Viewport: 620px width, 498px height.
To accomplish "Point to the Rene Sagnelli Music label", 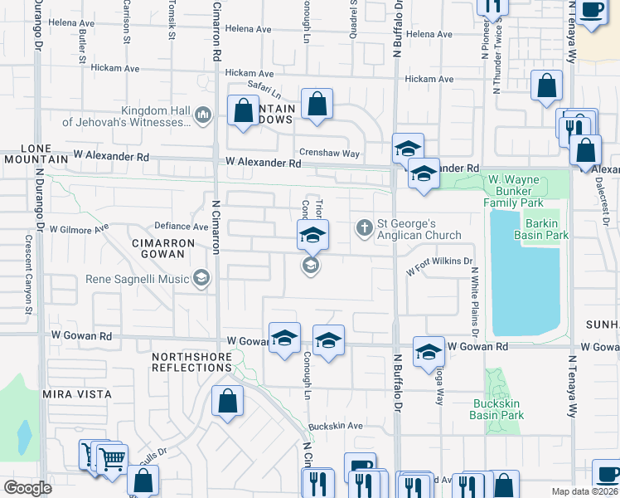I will click(x=138, y=278).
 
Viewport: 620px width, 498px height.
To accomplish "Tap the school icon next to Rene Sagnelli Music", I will click(x=201, y=277).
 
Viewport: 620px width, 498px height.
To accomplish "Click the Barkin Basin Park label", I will click(x=545, y=229).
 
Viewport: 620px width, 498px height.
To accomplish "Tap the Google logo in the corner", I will click(x=27, y=488).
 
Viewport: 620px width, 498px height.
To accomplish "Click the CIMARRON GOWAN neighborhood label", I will click(x=162, y=249).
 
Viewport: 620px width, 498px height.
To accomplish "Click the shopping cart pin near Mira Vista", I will click(x=111, y=457).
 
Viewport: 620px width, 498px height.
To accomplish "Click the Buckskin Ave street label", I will click(x=336, y=427).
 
